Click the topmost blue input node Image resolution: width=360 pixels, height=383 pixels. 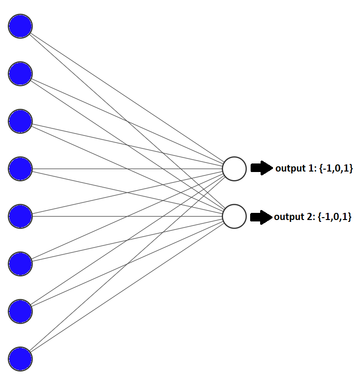pos(20,26)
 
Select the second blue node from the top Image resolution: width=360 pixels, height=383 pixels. pos(20,74)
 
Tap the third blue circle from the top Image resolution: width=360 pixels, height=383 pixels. pos(20,121)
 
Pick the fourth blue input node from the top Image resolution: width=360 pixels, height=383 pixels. pos(20,168)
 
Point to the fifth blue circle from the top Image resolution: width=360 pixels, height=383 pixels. pos(20,216)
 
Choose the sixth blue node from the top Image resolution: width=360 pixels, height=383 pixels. pos(20,264)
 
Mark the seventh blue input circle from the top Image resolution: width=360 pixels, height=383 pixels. pos(20,311)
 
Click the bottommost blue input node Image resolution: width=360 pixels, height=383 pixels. pos(20,359)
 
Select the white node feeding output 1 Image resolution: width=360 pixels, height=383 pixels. pos(234,169)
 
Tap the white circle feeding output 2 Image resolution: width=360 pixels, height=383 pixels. pos(234,216)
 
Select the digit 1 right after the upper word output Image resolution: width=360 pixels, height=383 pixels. pos(310,168)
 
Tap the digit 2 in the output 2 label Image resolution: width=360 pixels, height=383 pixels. pos(309,217)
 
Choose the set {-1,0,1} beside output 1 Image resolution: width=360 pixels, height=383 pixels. pos(335,168)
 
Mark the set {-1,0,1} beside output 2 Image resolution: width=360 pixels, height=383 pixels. pos(334,217)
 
